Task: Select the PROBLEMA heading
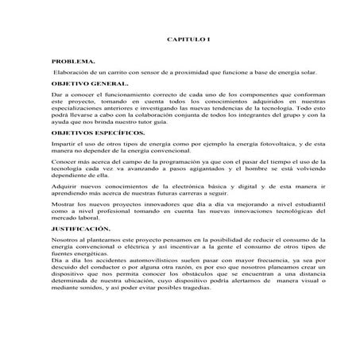point(73,60)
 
